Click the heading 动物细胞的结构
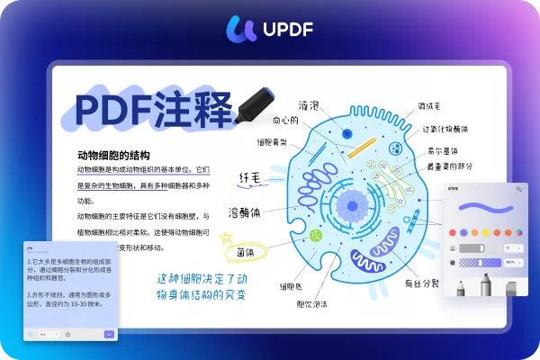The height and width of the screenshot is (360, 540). click(x=113, y=155)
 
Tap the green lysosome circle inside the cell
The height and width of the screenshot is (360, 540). click(x=316, y=235)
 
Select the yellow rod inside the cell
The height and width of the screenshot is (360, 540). click(x=361, y=146)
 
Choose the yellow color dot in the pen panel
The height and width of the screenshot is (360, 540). click(x=486, y=231)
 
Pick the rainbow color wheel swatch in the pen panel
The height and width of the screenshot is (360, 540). click(x=520, y=231)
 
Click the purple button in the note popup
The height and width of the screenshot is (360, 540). click(x=109, y=334)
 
